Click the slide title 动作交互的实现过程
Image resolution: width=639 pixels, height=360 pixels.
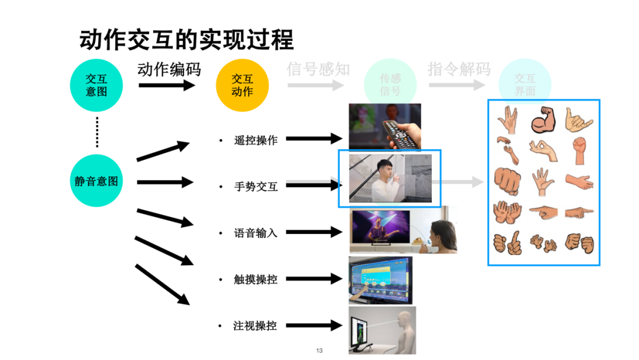click(x=186, y=40)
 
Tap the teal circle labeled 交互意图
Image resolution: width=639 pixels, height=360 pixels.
click(x=96, y=85)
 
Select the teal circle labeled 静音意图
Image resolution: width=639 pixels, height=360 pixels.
click(x=96, y=181)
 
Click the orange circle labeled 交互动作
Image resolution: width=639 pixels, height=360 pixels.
click(x=242, y=85)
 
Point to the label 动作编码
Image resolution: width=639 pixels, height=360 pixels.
click(x=169, y=69)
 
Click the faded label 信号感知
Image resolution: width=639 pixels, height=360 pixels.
click(x=318, y=69)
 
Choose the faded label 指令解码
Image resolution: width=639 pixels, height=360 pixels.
click(x=459, y=69)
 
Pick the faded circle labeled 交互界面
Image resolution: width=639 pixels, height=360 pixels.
click(x=525, y=85)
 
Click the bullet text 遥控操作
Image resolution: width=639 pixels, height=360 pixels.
click(x=256, y=140)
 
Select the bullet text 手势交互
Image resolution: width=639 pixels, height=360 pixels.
click(x=256, y=187)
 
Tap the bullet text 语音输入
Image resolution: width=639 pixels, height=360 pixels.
click(x=256, y=233)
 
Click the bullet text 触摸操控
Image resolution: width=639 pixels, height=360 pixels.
click(x=256, y=279)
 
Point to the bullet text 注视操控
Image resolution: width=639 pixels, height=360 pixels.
click(x=256, y=326)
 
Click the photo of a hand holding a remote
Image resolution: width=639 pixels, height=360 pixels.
click(x=385, y=126)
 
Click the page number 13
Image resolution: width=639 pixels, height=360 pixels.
click(x=319, y=351)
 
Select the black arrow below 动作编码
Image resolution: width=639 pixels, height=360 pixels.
click(x=167, y=85)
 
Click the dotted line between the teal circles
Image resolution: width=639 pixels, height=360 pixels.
click(x=97, y=133)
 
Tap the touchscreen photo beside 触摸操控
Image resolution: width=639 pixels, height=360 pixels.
click(x=380, y=279)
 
